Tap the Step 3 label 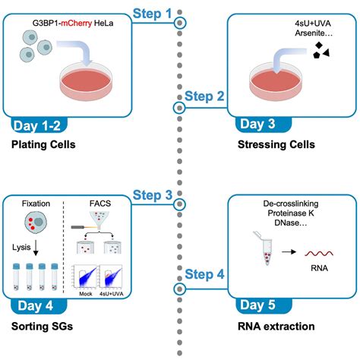click(152, 194)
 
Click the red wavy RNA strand click(317, 255)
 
